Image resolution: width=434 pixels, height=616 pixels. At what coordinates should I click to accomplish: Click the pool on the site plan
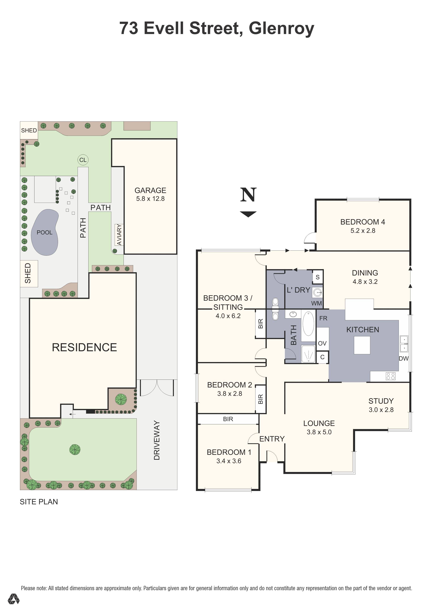(45, 232)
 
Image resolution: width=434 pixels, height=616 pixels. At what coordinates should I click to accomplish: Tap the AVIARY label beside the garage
(119, 235)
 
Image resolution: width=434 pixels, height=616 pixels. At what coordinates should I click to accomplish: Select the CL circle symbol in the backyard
(83, 160)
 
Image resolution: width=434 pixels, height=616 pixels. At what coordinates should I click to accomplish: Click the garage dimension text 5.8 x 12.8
(150, 199)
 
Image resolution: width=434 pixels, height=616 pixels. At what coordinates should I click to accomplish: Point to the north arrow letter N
(248, 195)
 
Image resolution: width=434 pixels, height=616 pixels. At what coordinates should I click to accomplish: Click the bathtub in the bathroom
(308, 324)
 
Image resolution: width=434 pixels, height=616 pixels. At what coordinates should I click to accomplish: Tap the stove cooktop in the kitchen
(390, 376)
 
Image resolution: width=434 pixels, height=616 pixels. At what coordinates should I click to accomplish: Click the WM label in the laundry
(316, 303)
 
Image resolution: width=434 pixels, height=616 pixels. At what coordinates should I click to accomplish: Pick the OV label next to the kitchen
(322, 343)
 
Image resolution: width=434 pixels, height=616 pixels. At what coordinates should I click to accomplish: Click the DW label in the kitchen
(403, 358)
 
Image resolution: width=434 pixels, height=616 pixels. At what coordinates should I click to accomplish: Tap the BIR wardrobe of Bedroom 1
(228, 419)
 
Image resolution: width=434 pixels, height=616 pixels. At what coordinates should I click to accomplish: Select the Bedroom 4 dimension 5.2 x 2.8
(363, 231)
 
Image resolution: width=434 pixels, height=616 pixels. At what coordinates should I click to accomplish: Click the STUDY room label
(381, 401)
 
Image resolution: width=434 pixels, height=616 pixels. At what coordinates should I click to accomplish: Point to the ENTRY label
(272, 439)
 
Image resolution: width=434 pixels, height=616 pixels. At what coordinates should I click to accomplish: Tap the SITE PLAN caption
(39, 502)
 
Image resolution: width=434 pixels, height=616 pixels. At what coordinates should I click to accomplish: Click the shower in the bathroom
(308, 354)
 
